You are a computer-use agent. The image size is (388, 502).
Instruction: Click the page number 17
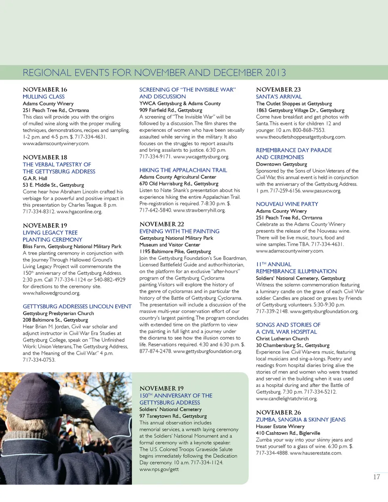click(376, 477)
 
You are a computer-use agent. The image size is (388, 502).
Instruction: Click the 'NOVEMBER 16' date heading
click(45, 89)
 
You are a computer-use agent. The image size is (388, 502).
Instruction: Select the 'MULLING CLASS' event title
click(44, 97)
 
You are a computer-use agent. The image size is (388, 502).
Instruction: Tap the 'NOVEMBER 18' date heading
click(45, 157)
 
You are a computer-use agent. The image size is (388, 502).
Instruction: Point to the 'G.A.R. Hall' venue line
click(35, 178)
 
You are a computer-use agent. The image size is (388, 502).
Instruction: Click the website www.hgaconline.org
click(79, 211)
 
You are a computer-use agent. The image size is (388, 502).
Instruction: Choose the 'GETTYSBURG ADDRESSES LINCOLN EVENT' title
click(77, 306)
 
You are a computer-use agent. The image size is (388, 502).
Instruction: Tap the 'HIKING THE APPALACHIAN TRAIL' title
click(183, 170)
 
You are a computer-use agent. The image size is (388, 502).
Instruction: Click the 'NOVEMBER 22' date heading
click(162, 224)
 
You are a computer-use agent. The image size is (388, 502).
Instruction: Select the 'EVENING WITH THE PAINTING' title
click(179, 231)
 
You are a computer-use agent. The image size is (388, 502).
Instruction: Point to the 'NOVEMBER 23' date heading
click(278, 89)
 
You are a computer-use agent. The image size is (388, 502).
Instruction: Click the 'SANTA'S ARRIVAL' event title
click(278, 97)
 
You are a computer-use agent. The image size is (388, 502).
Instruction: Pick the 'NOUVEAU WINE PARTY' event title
click(287, 204)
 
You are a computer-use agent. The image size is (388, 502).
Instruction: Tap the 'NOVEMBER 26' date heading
click(278, 412)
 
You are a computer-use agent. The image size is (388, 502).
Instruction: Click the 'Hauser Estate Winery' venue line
click(280, 426)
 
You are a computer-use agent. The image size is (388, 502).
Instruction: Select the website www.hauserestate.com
click(316, 453)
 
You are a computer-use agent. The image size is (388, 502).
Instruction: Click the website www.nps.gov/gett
click(159, 469)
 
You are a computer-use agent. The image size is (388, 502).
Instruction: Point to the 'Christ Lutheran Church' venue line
click(282, 339)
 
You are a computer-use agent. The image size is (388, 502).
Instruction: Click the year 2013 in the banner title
click(276, 73)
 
